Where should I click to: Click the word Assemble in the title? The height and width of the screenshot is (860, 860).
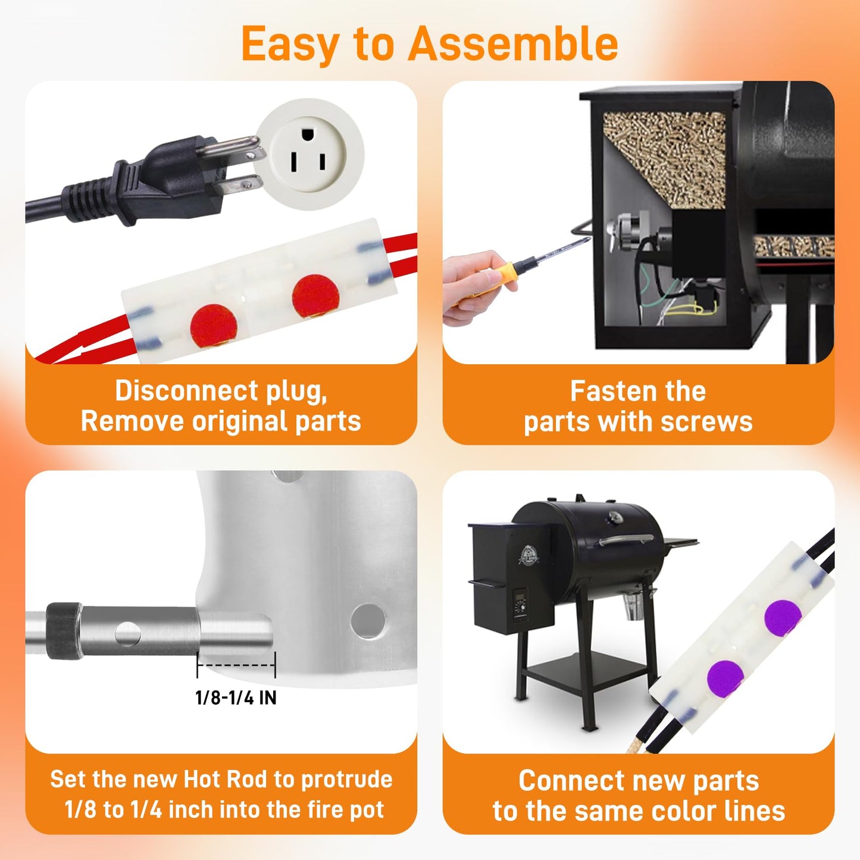click(512, 45)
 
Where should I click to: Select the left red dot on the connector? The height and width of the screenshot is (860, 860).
click(214, 326)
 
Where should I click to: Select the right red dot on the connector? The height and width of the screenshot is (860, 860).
click(315, 296)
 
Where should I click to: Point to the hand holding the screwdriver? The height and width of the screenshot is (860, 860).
click(470, 286)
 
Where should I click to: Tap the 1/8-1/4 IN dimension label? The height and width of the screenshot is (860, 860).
click(236, 698)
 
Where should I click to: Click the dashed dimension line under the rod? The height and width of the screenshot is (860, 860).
click(236, 665)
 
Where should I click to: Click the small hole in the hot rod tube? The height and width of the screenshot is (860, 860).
click(127, 634)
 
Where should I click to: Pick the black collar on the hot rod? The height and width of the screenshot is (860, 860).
click(64, 631)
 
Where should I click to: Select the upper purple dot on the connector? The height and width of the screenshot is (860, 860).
click(783, 618)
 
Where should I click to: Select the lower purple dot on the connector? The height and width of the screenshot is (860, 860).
click(725, 678)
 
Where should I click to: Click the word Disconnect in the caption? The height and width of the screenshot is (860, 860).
click(186, 391)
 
